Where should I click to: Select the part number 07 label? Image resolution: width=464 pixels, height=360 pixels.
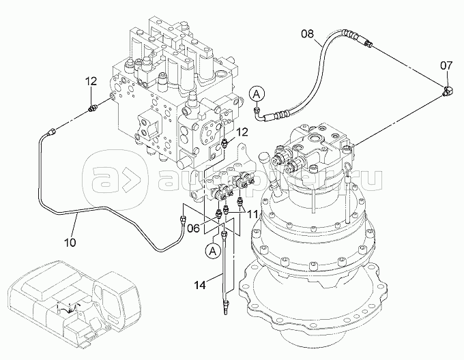coord(446,65)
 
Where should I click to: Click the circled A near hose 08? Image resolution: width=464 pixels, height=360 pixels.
coord(256,92)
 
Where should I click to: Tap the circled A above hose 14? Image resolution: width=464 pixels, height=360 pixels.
coord(212,251)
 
